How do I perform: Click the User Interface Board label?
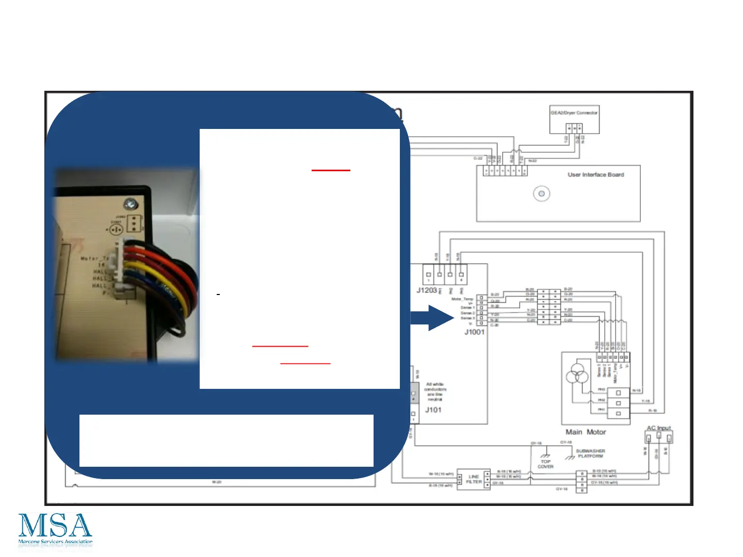pyautogui.click(x=595, y=175)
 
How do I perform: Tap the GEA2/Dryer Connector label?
pyautogui.click(x=574, y=112)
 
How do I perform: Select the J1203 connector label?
pyautogui.click(x=426, y=290)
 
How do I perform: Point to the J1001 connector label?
pyautogui.click(x=474, y=332)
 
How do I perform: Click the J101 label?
pyautogui.click(x=433, y=410)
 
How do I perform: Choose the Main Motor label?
pyautogui.click(x=586, y=432)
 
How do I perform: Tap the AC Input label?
pyautogui.click(x=659, y=428)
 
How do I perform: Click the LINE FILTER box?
pyautogui.click(x=474, y=480)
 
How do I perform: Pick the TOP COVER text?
pyautogui.click(x=545, y=464)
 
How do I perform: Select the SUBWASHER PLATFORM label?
pyautogui.click(x=590, y=453)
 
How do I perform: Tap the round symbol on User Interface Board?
pyautogui.click(x=541, y=194)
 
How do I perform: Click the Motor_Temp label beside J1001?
pyautogui.click(x=462, y=299)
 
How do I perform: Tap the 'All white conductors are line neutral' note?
pyautogui.click(x=435, y=392)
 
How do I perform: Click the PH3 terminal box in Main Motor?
pyautogui.click(x=618, y=393)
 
